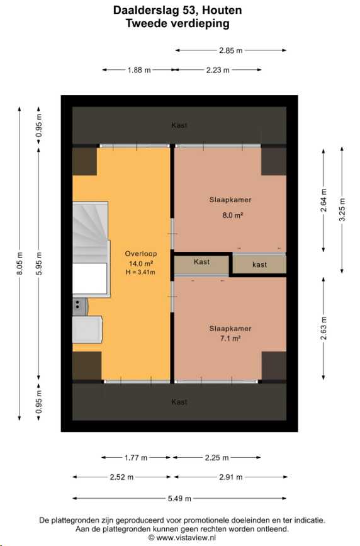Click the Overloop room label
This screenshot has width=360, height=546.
pyautogui.click(x=141, y=254)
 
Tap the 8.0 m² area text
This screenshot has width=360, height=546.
pyautogui.click(x=233, y=215)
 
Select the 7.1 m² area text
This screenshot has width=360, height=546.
pyautogui.click(x=230, y=338)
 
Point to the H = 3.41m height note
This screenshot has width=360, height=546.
pyautogui.click(x=140, y=272)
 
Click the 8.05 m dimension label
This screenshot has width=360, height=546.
pyautogui.click(x=20, y=264)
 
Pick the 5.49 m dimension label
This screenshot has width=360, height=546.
pyautogui.click(x=179, y=499)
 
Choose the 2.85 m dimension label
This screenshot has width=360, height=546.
pyautogui.click(x=230, y=50)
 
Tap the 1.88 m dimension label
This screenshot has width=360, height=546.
pyautogui.click(x=139, y=70)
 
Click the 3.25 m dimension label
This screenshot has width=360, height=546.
pyautogui.click(x=342, y=210)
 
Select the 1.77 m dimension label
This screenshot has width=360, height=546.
pyautogui.click(x=136, y=458)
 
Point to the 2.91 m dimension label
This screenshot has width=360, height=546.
pyautogui.click(x=230, y=477)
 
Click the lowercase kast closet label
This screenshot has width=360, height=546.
pyautogui.click(x=259, y=264)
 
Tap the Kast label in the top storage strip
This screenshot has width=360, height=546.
pyautogui.click(x=179, y=125)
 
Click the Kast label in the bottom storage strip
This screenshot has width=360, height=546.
pyautogui.click(x=179, y=402)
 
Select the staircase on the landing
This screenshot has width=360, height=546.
pyautogui.click(x=91, y=249)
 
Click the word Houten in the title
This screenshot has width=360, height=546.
pyautogui.click(x=222, y=10)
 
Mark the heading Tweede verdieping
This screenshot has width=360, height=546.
pyautogui.click(x=177, y=23)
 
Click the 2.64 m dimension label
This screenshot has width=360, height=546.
pyautogui.click(x=323, y=200)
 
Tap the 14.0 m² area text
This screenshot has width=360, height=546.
pyautogui.click(x=141, y=264)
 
